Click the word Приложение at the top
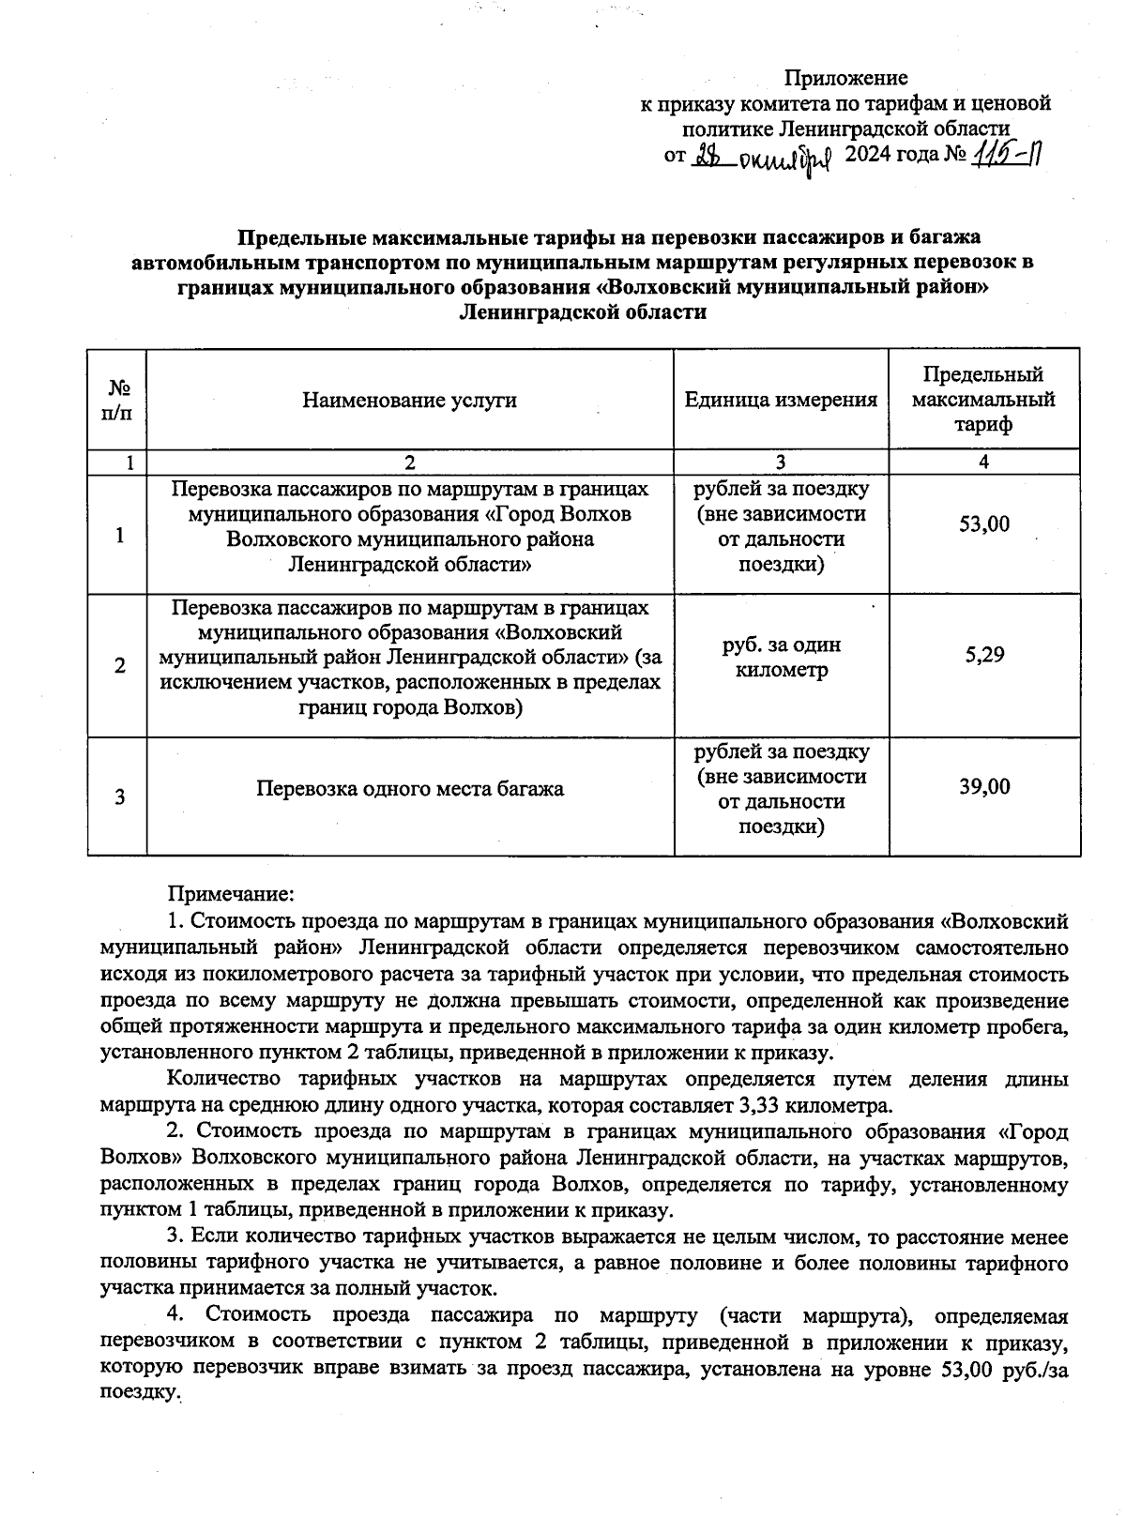845,78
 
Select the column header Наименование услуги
409,401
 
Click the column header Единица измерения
781,401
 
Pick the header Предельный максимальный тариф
983,401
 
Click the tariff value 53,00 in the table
984,523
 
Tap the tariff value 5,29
984,654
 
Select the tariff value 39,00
984,786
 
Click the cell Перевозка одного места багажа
410,789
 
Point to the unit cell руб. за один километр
781,658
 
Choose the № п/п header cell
119,401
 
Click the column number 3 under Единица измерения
781,463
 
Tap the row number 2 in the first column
119,666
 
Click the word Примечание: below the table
231,896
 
